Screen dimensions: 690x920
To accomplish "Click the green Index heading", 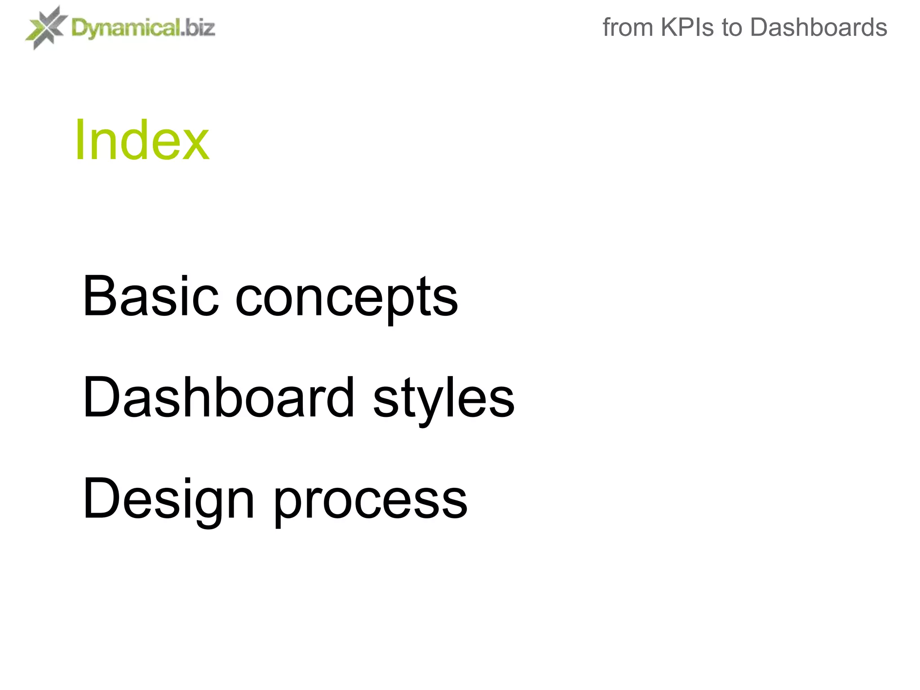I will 142,140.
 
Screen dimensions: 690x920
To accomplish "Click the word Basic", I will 151,296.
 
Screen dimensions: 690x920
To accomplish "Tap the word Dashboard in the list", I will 219,397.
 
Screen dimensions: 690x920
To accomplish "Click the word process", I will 371,501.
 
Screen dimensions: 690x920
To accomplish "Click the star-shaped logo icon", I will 45,27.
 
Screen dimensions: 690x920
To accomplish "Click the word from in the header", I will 628,27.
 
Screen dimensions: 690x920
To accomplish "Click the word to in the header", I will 732,27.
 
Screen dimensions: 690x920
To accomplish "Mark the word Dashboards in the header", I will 818,27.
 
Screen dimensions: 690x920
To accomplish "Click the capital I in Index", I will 80,140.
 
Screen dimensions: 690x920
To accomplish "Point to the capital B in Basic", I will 98,296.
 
